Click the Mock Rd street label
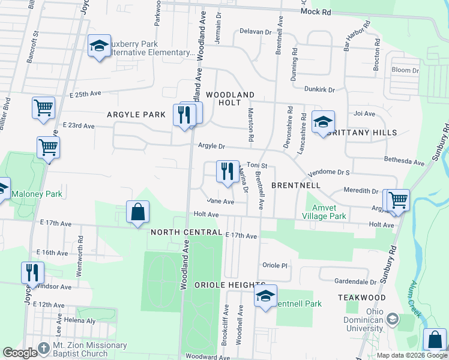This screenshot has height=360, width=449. point(316,11)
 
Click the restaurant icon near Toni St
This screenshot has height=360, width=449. point(227,171)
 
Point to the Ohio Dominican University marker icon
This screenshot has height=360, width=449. point(393,319)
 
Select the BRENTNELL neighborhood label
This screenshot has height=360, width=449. point(294,186)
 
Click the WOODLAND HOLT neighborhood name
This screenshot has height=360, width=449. point(231,99)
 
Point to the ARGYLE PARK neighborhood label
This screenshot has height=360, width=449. point(136,114)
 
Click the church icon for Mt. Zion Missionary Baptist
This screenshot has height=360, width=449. point(43,348)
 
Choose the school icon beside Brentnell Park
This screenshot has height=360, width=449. point(265,295)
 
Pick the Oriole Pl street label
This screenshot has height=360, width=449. point(276,265)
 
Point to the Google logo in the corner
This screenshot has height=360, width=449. point(20,352)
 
